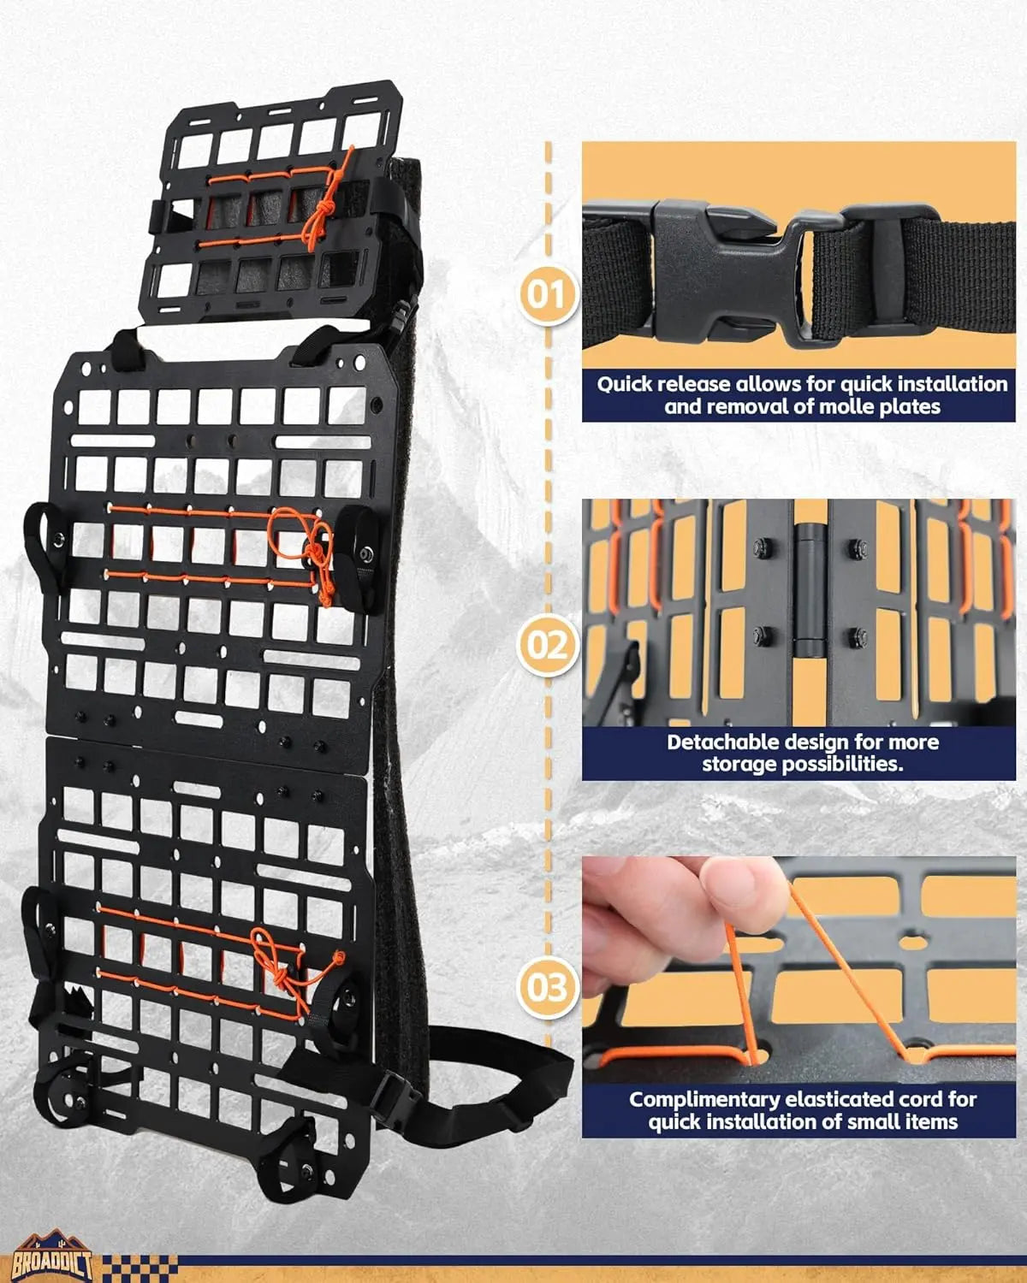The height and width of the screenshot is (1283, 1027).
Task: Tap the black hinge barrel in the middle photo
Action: tap(805, 590)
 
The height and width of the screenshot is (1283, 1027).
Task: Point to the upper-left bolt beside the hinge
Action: tap(759, 545)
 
